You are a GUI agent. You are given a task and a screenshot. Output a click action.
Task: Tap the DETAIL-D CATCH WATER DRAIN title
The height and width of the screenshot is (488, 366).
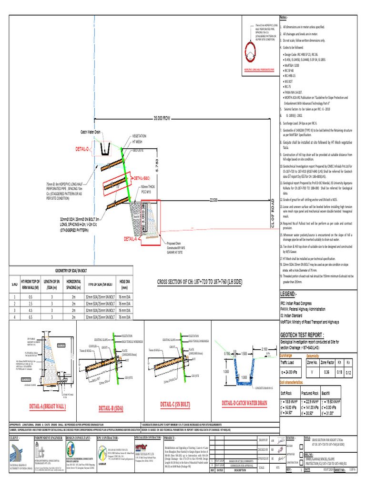click(x=244, y=404)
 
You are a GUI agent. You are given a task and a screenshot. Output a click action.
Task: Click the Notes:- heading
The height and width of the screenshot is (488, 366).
click(x=285, y=17)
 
